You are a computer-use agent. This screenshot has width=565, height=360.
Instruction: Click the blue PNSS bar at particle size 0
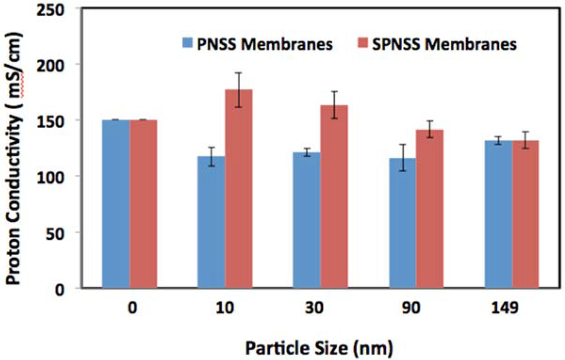pyautogui.click(x=116, y=204)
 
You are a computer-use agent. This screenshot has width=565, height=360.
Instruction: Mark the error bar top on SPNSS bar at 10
pyautogui.click(x=238, y=73)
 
